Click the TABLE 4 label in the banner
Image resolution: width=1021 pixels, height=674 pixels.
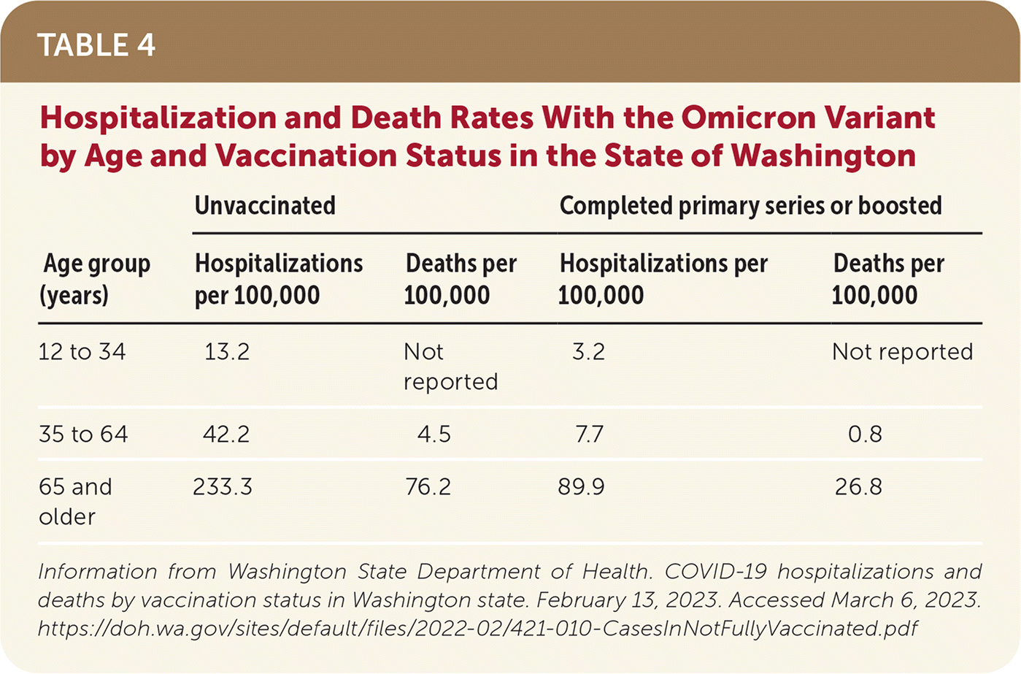[96, 45]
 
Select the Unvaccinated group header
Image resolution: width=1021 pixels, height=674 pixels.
[265, 206]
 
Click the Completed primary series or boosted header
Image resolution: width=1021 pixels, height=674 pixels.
[750, 206]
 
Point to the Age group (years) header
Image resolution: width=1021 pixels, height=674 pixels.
[95, 279]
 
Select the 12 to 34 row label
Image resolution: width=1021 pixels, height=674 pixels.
[82, 352]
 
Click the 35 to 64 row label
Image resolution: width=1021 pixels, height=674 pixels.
[83, 434]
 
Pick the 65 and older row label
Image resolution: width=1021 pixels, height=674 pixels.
[75, 501]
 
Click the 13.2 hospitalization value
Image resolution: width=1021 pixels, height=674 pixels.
[226, 352]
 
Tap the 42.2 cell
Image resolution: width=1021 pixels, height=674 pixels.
[226, 434]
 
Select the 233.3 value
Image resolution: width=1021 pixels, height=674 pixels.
[223, 487]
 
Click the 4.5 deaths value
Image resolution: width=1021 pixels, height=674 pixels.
[434, 434]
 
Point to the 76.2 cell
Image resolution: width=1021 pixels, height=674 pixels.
[428, 487]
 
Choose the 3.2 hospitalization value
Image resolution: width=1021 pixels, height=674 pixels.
[588, 352]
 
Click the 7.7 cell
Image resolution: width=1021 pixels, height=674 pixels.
[588, 434]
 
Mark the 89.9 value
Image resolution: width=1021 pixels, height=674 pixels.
[581, 487]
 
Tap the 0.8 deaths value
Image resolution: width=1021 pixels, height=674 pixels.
[865, 434]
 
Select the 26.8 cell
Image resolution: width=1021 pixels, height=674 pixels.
[858, 487]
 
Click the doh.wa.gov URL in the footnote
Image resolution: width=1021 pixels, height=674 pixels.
[477, 628]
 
